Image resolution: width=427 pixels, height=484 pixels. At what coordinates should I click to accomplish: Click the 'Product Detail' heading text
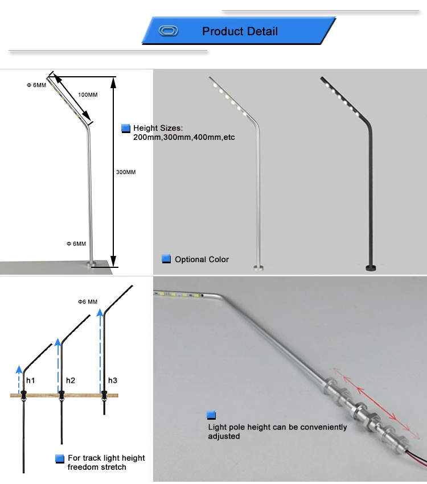click(240, 31)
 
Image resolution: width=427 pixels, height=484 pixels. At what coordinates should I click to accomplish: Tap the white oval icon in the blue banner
click(168, 31)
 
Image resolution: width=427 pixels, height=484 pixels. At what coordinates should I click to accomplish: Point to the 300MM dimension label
click(126, 172)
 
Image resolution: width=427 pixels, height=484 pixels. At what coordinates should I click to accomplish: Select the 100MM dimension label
click(88, 94)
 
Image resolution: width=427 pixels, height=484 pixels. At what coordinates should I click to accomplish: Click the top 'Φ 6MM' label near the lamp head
click(36, 85)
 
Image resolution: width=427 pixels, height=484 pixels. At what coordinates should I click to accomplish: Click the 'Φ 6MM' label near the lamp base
click(76, 243)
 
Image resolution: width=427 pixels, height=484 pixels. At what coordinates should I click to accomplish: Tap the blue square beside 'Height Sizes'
click(126, 129)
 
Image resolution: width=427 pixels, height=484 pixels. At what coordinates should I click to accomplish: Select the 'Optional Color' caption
click(202, 259)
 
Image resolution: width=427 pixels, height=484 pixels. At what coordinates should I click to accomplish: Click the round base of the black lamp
click(372, 267)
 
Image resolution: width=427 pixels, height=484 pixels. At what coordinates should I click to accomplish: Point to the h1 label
click(30, 380)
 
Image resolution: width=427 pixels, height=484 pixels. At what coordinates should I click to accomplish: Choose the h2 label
click(71, 380)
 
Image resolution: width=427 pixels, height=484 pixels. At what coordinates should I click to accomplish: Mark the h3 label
click(113, 380)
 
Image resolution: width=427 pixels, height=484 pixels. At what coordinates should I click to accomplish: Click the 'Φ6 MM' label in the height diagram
click(88, 301)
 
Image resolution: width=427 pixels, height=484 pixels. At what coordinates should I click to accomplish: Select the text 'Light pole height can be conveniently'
click(277, 427)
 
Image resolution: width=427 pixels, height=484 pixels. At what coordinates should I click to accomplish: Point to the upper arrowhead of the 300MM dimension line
click(113, 81)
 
